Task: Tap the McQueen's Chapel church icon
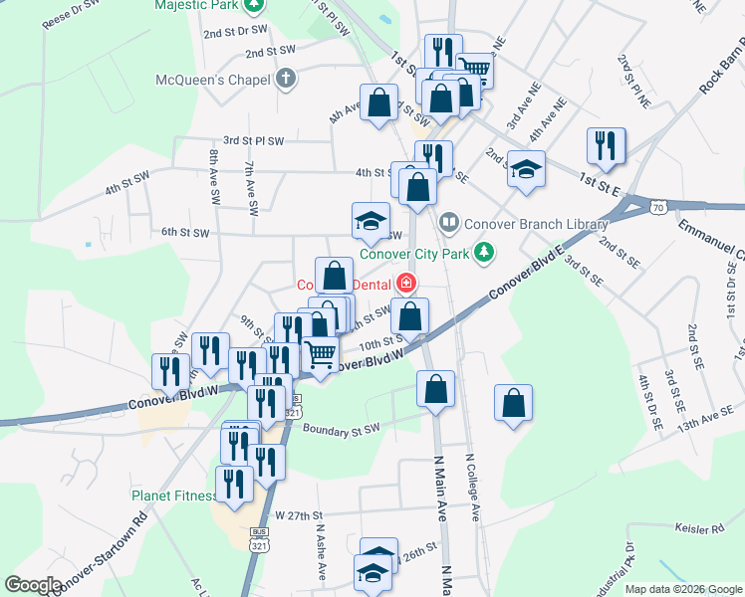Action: coord(286,79)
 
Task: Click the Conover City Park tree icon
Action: coord(484,253)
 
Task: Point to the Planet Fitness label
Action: coord(174,496)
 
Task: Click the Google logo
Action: coord(34,585)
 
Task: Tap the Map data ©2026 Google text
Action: coord(682,589)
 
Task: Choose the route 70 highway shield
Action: coord(655,208)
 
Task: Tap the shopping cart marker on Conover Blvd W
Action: coord(320,355)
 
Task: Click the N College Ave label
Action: coord(475,489)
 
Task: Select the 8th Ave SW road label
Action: coord(214,177)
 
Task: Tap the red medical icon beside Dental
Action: coord(405,285)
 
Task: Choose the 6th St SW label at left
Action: coord(185,232)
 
